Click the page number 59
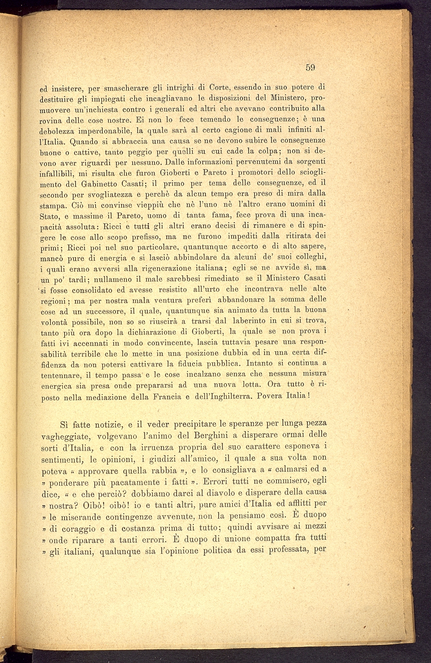pos(311,67)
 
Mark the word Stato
pos(50,216)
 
